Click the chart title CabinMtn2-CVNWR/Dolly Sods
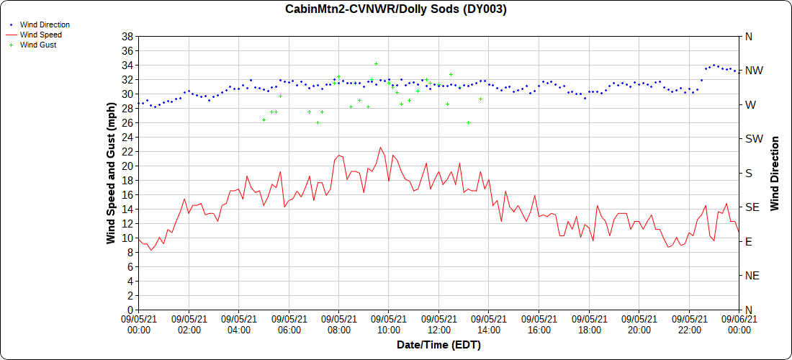click(x=396, y=9)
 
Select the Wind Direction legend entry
click(x=45, y=24)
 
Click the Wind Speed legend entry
click(x=40, y=35)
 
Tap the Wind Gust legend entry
click(x=38, y=45)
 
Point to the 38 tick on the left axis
click(x=127, y=36)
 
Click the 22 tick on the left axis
click(x=127, y=151)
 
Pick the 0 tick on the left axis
click(x=130, y=310)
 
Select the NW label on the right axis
click(x=754, y=71)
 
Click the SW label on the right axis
click(x=754, y=139)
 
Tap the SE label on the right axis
click(x=752, y=207)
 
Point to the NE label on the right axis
click(x=752, y=276)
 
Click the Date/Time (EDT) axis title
click(x=438, y=345)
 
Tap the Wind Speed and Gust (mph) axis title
click(x=111, y=173)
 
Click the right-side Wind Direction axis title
click(x=775, y=173)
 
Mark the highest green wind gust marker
click(x=376, y=64)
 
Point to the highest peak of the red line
click(x=380, y=148)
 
